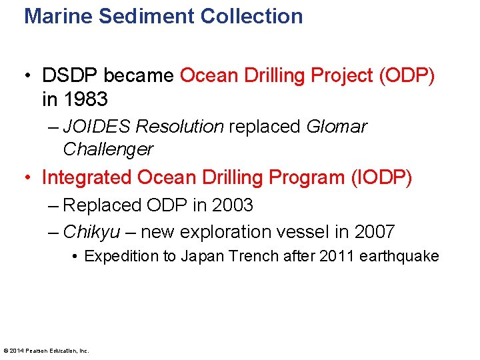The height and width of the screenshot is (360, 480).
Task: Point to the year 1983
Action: [x=85, y=99]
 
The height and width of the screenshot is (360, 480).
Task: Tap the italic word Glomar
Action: [x=337, y=127]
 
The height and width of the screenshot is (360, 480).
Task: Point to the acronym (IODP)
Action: [x=381, y=177]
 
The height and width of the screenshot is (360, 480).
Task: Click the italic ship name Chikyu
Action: [x=92, y=232]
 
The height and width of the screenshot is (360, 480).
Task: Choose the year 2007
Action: [x=374, y=232]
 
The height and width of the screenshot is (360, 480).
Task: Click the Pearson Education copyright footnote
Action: [x=47, y=350]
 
